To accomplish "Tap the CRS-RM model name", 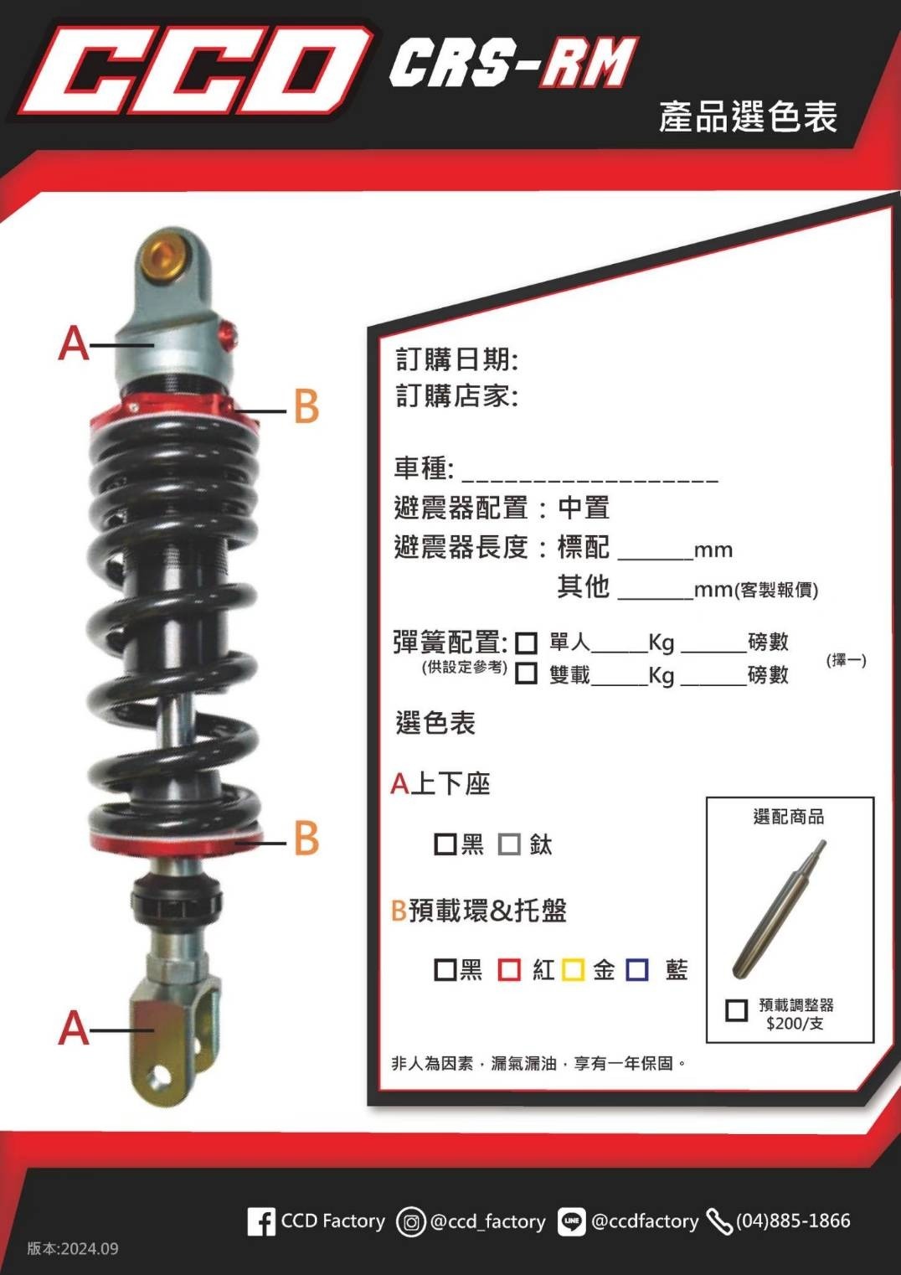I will pos(512,63).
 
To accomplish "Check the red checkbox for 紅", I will pos(509,969).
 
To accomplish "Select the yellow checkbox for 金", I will pos(573,969).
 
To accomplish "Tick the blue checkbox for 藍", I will pos(637,969).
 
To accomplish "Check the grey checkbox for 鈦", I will pos(509,844).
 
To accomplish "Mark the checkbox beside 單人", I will pos(526,643).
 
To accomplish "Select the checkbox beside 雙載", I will pos(526,674).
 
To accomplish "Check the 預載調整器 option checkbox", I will pos(736,1009).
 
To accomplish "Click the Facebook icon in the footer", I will pos(260,1221).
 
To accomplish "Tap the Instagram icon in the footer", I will pos(411,1222).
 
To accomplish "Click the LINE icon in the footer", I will pos(571,1222).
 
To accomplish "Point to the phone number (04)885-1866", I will pos(792,1221).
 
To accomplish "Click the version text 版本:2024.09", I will pos(73,1248).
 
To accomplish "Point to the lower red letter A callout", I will pos(74,1027).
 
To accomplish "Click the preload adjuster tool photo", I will pos(779,910).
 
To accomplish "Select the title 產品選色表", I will pos(747,116).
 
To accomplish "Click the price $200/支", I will pos(795,1024).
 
